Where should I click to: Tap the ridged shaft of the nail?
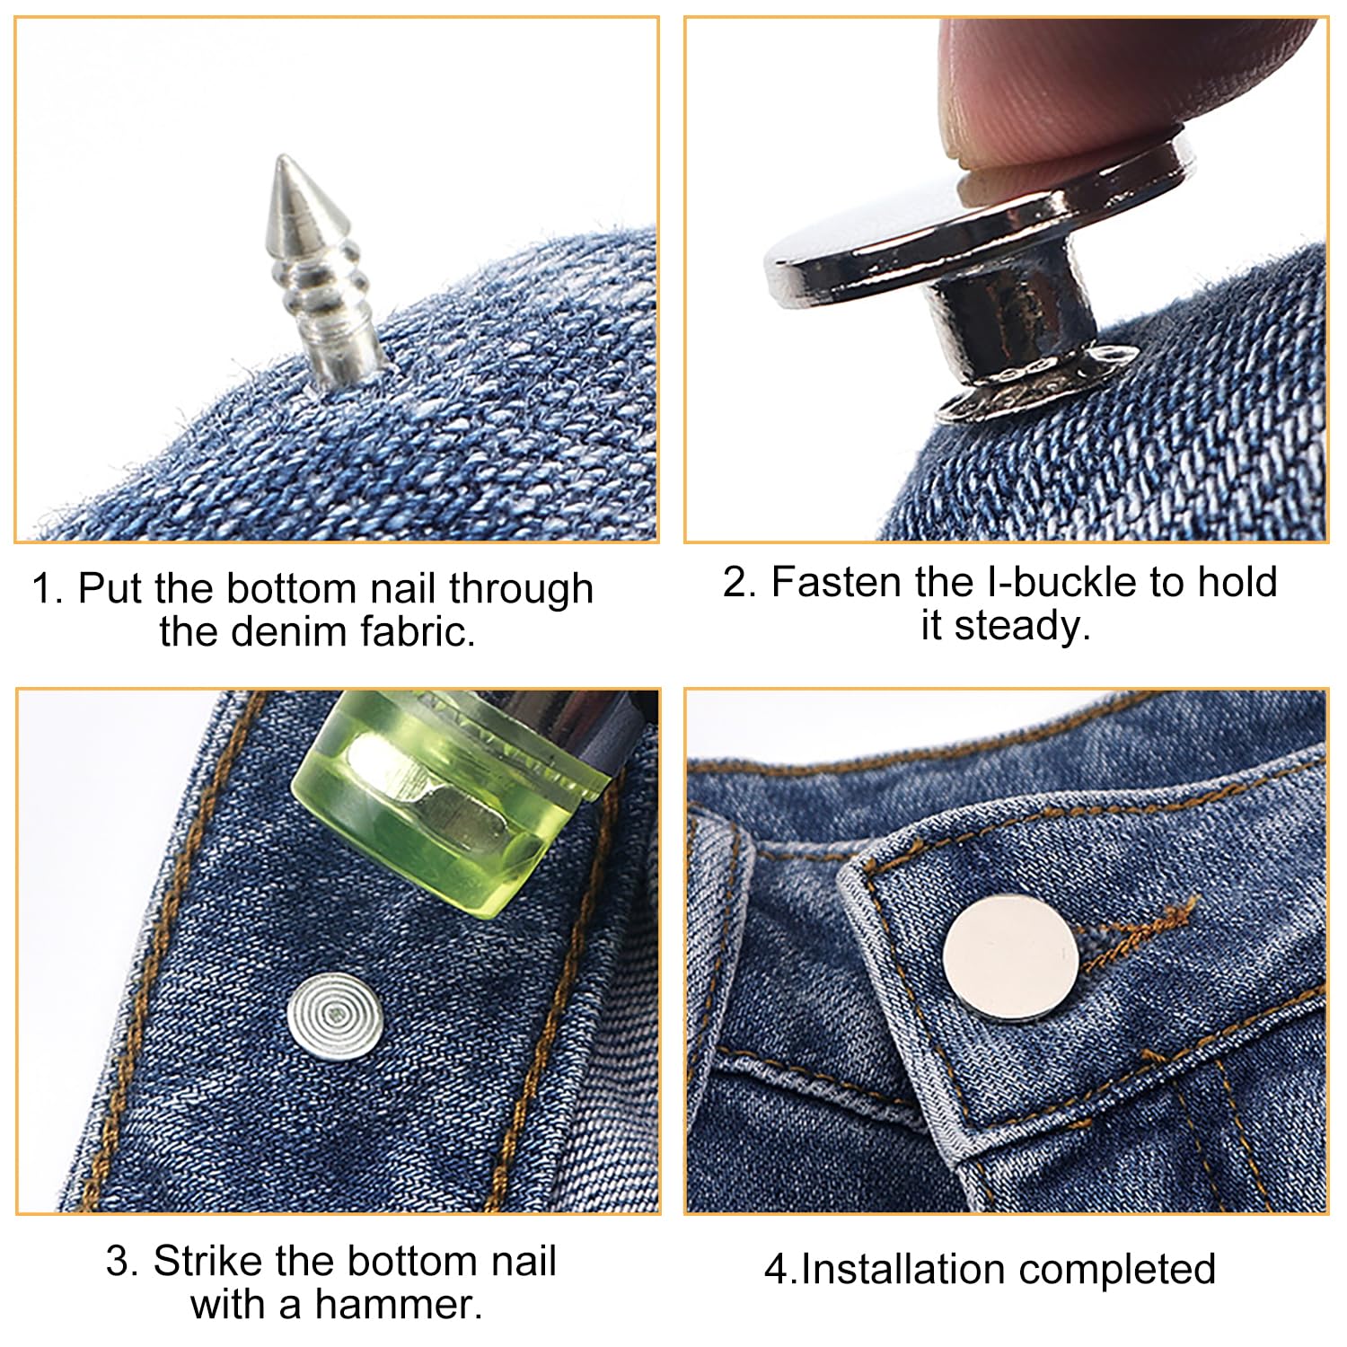coord(328,296)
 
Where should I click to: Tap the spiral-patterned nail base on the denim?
coord(335,1015)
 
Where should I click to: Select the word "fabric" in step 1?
coord(418,631)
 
